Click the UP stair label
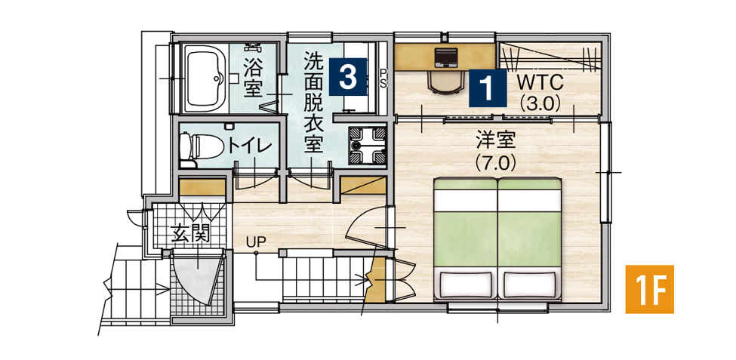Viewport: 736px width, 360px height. point(254,242)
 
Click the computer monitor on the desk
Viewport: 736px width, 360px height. point(445,57)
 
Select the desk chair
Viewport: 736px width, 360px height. point(445,82)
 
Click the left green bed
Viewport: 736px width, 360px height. point(465,226)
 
